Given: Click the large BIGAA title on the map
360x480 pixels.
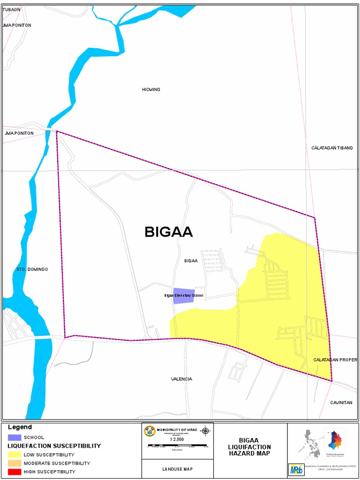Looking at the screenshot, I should pos(169,232).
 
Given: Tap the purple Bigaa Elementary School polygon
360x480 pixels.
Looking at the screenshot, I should pos(184,296).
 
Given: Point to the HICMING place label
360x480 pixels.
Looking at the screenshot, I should pos(151,89).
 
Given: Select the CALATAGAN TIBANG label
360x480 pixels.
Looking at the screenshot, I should pos(332,148).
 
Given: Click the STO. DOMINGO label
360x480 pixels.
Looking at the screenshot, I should pos(32,269).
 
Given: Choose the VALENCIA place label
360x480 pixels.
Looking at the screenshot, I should pos(181,379).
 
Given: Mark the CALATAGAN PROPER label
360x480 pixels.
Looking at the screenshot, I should pos(335,360).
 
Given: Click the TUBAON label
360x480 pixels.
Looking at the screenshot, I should pos(11,9).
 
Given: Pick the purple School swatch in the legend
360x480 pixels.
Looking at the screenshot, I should pos(15,437).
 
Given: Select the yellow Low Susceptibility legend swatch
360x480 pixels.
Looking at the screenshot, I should pos(15,454).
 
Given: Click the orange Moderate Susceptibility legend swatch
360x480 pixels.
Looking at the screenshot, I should pos(15,463).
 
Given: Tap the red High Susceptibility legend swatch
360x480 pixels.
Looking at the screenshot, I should pos(15,472).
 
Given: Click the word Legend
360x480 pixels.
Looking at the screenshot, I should pos(20,427).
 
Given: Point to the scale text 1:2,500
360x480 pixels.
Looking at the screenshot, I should pos(177,439).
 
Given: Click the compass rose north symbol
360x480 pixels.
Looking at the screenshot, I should pos(205,431).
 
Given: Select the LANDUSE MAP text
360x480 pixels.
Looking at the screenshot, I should pos(177,469).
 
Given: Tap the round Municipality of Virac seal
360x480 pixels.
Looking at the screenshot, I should pos(150,431).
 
